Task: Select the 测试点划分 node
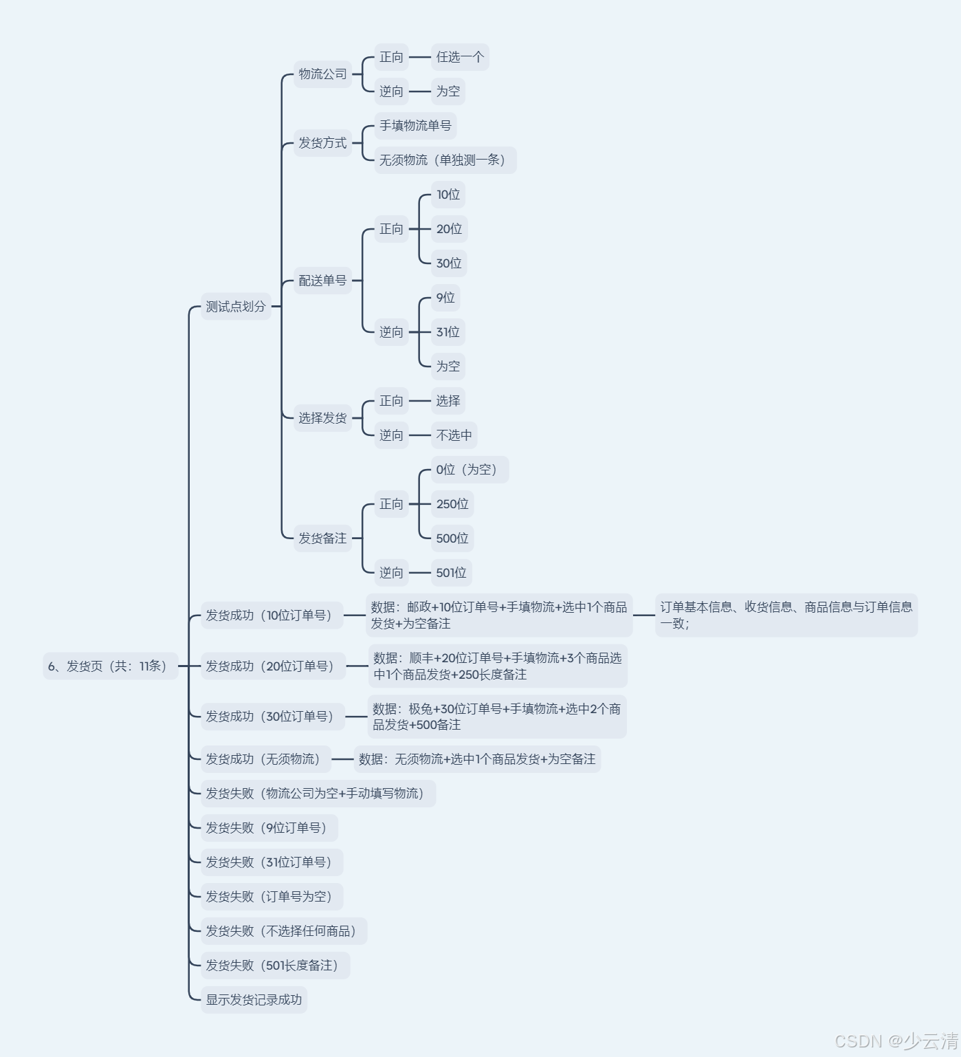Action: pos(236,307)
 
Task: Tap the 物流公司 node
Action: pos(322,74)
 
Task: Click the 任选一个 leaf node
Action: pos(459,57)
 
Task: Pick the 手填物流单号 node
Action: pos(415,126)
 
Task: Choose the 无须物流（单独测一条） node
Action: pos(445,160)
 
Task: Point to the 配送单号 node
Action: pos(322,281)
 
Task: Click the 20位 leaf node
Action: pos(449,229)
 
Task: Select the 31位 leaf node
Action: pos(448,332)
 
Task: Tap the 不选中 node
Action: pos(454,435)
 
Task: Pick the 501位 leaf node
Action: pos(451,573)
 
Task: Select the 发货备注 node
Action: pos(322,538)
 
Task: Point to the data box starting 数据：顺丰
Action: pos(498,666)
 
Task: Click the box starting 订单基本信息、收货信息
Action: pos(786,615)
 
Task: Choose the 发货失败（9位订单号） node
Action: pos(269,828)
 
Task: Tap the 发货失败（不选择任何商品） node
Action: pos(283,931)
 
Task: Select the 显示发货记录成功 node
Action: pos(254,1000)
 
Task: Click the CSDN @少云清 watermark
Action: pos(896,1040)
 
